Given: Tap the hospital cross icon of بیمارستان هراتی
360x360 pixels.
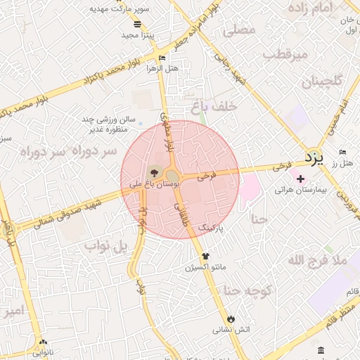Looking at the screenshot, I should pos(301,178).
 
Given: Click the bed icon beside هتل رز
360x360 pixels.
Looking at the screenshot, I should pos(342,152).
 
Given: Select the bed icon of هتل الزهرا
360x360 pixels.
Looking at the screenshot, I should pos(163,58).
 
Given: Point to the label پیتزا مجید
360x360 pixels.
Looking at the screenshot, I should pos(137,34).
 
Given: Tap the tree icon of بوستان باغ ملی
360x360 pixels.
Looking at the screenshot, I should pos(154,173).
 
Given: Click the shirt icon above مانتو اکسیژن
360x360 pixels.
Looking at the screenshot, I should pos(206,256).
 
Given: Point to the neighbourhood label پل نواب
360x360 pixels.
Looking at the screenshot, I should pos(108,247).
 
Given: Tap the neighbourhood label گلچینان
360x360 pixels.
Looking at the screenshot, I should pos(322,82).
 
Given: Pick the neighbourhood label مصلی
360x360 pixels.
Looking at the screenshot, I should pos(238,31).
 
